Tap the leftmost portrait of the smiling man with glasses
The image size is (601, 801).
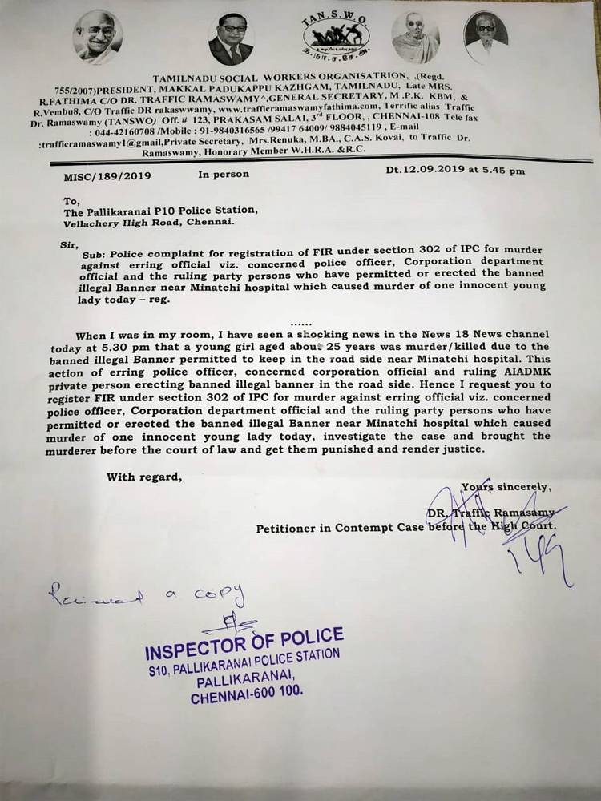(x=97, y=38)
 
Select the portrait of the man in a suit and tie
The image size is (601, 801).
(x=230, y=39)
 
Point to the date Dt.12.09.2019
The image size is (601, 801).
(x=423, y=170)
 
